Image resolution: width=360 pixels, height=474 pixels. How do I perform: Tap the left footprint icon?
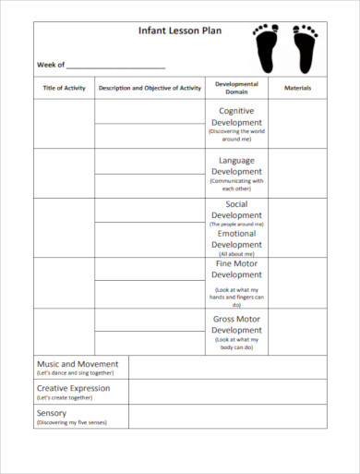click(x=266, y=48)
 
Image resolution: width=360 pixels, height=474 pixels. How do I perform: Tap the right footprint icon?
click(x=305, y=48)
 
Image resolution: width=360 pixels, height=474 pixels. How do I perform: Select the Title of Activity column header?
click(x=64, y=88)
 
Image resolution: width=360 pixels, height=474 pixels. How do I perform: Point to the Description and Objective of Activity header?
click(x=150, y=88)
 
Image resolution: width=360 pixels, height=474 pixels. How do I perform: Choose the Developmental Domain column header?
click(x=236, y=88)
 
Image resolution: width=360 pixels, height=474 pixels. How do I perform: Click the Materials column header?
click(x=297, y=88)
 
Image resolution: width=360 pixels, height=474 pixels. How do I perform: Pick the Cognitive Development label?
click(x=236, y=116)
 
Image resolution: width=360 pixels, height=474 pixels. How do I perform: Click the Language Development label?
click(x=236, y=165)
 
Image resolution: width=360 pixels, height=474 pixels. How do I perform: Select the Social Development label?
click(x=236, y=210)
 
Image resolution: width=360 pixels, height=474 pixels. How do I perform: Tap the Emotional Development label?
click(x=236, y=239)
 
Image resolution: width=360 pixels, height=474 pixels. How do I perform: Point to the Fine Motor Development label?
click(x=236, y=269)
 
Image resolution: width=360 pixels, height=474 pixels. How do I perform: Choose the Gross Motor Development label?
click(x=236, y=324)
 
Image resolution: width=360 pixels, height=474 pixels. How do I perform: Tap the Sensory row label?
click(x=52, y=412)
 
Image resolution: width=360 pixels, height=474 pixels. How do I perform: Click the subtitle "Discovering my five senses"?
click(x=71, y=422)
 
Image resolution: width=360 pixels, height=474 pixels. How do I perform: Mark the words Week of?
click(x=51, y=65)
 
